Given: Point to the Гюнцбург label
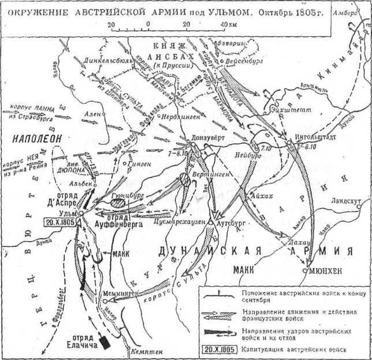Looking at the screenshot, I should click(122, 196).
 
